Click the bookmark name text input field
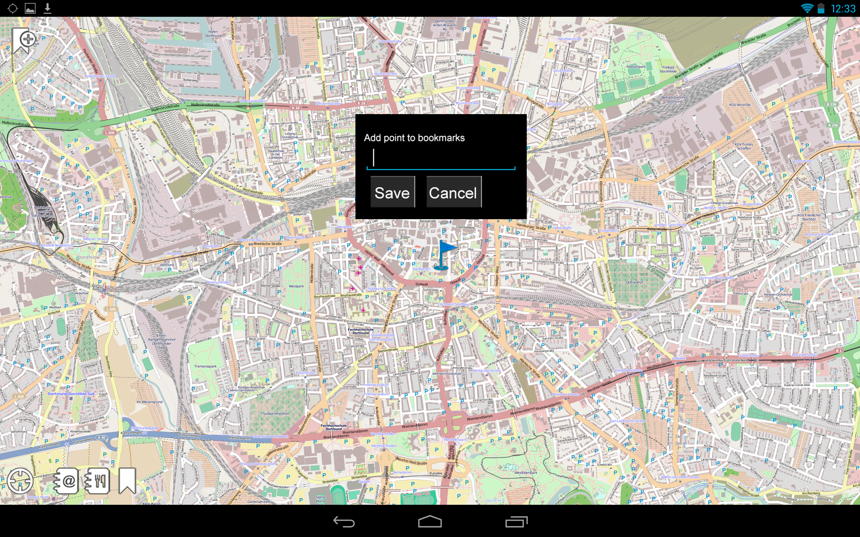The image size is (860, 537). (x=441, y=158)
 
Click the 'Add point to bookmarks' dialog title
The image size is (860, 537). (x=414, y=138)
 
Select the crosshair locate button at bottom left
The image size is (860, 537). (x=20, y=481)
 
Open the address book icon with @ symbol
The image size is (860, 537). (x=66, y=481)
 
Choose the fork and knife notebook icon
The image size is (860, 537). (x=97, y=481)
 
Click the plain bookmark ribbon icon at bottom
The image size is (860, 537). (x=127, y=481)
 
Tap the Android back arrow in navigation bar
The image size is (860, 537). (x=344, y=521)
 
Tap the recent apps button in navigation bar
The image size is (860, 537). (x=516, y=521)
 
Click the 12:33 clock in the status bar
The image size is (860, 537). (x=843, y=8)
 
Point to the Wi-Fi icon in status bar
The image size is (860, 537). (x=807, y=8)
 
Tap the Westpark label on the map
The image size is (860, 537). (x=296, y=286)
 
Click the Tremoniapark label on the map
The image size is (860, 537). (x=205, y=366)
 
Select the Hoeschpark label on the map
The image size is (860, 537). (x=636, y=66)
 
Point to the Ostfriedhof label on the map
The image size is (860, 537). (x=634, y=282)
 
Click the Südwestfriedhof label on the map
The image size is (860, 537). (x=275, y=413)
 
